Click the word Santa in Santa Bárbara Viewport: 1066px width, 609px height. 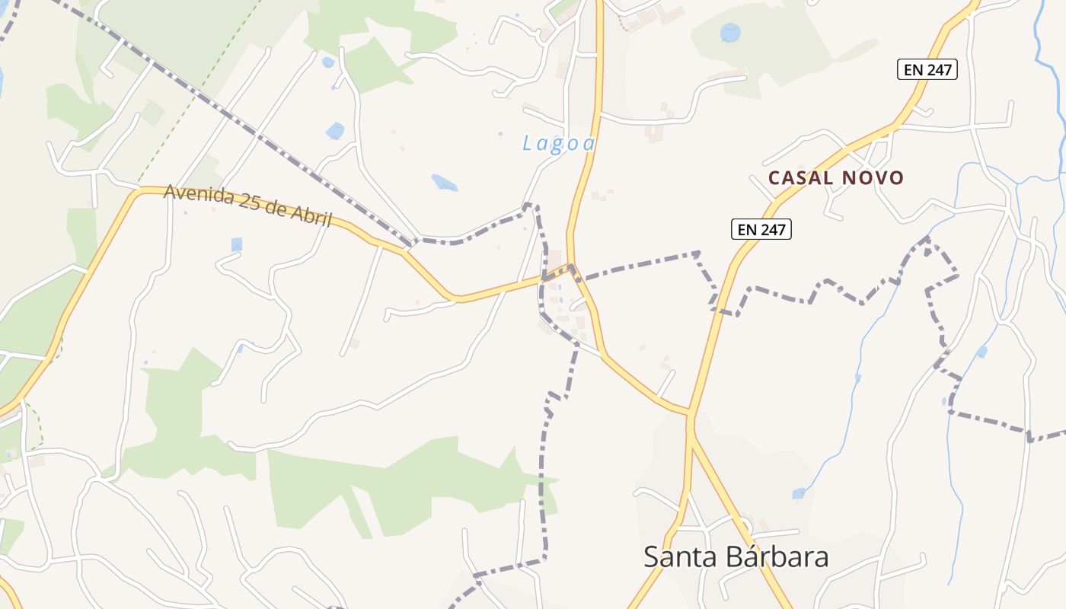pos(678,557)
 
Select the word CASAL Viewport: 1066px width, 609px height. pos(799,178)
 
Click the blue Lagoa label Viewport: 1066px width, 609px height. pos(558,143)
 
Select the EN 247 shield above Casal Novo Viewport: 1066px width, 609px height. pos(926,70)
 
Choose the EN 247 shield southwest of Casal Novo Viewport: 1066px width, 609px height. pos(761,229)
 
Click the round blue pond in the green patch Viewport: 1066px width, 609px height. pos(730,33)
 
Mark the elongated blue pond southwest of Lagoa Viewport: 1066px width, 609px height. pos(444,183)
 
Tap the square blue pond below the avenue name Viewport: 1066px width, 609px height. pos(236,244)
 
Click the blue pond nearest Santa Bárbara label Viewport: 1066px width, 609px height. pos(798,494)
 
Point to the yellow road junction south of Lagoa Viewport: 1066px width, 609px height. pos(572,268)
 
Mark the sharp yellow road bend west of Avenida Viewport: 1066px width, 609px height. pos(136,192)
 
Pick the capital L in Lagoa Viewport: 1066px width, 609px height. pos(527,142)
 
